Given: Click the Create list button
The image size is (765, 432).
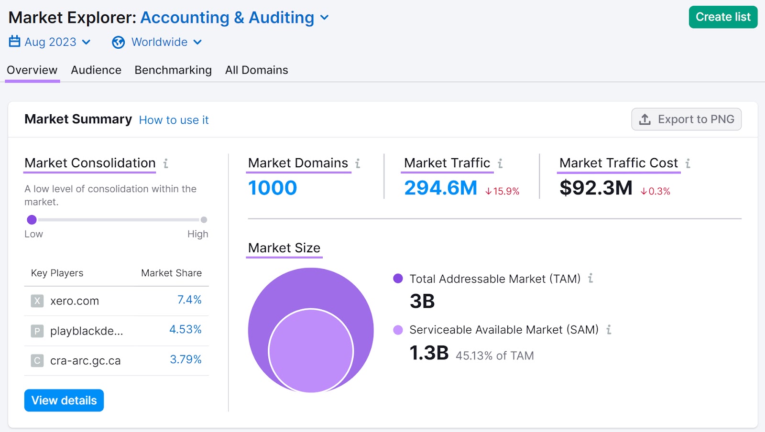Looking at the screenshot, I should pos(722,17).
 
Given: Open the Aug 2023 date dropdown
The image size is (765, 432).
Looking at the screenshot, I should pos(50,42).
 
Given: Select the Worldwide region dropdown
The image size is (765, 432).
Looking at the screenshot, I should pos(157,42).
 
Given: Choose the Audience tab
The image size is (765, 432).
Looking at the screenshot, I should pos(96,70).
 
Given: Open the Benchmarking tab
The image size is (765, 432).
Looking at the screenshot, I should pos(173,70).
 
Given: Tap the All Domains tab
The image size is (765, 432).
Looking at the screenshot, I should pos(256,70).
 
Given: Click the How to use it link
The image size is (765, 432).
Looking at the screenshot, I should pos(174,120).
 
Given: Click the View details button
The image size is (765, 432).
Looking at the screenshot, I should pos(64,400).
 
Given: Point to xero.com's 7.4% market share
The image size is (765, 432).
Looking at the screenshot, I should pos(189,300).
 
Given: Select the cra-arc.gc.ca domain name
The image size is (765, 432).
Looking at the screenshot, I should pos(85,361).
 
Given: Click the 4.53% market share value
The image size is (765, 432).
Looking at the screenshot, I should pos(186,330).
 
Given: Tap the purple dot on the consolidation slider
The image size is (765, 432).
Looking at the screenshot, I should pos(32,220).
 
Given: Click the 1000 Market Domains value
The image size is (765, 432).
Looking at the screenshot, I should pos(273,188).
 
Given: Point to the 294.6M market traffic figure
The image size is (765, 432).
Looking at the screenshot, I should pos(440,188).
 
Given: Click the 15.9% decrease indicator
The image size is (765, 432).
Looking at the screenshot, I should pos(503,191).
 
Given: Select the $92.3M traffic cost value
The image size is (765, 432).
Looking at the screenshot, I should pos(596,188).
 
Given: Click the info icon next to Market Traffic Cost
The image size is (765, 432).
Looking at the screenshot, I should pos(688,163).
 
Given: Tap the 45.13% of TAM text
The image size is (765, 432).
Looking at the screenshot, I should pos(494,356).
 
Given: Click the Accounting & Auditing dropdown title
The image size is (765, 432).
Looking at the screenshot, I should pos(234,18).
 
